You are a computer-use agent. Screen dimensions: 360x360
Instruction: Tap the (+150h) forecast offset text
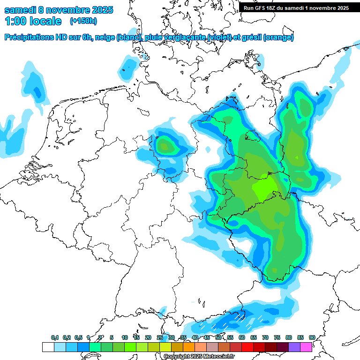click(83, 21)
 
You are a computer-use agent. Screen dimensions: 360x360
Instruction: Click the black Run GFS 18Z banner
click(296, 8)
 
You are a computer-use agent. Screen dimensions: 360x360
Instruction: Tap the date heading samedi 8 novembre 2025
click(59, 10)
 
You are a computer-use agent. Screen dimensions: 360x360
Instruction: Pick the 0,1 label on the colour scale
click(55, 338)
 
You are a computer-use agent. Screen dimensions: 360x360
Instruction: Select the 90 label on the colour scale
click(312, 338)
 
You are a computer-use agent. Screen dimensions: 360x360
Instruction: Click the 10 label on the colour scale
click(125, 338)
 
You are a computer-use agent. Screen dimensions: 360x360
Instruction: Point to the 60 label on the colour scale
click(242, 338)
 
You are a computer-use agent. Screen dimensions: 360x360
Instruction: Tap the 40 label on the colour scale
click(195, 338)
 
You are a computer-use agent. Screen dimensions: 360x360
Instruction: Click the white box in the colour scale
click(48, 347)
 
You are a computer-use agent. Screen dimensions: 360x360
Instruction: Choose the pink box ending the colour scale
click(306, 347)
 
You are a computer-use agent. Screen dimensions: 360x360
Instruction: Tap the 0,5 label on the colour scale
click(78, 338)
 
